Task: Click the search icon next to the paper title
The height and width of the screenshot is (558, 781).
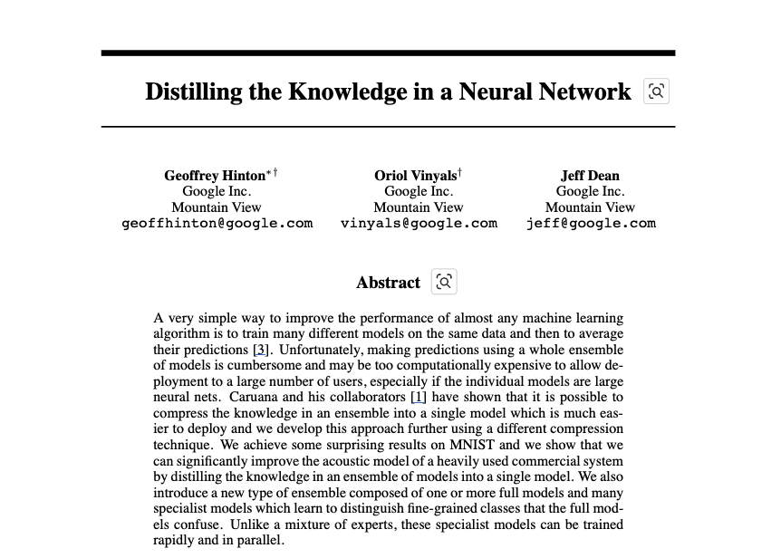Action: pyautogui.click(x=656, y=91)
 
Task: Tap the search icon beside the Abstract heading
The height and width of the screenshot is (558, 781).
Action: pyautogui.click(x=444, y=282)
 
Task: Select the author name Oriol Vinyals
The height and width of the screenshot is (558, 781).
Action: pyautogui.click(x=415, y=176)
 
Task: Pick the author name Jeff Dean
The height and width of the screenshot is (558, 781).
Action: pyautogui.click(x=590, y=176)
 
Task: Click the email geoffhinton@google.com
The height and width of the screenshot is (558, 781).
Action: pyautogui.click(x=217, y=223)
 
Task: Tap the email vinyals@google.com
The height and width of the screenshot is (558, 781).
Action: pyautogui.click(x=419, y=223)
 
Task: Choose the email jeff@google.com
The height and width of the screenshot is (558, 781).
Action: pyautogui.click(x=591, y=223)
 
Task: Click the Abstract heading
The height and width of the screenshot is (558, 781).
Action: pyautogui.click(x=388, y=283)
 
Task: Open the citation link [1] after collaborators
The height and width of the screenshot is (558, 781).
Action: pyautogui.click(x=418, y=397)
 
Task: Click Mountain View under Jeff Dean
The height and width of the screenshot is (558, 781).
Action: pyautogui.click(x=590, y=207)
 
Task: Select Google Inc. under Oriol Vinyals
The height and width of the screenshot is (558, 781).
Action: pyautogui.click(x=419, y=191)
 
